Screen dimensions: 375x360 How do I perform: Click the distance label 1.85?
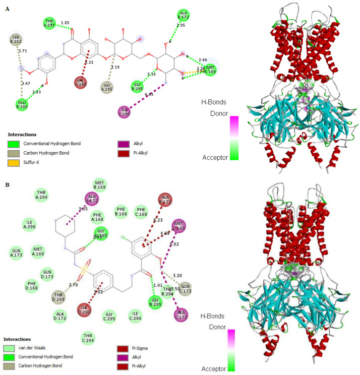click(65, 23)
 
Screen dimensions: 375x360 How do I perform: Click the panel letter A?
click(7, 9)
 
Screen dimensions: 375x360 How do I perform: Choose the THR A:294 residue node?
click(42, 195)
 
